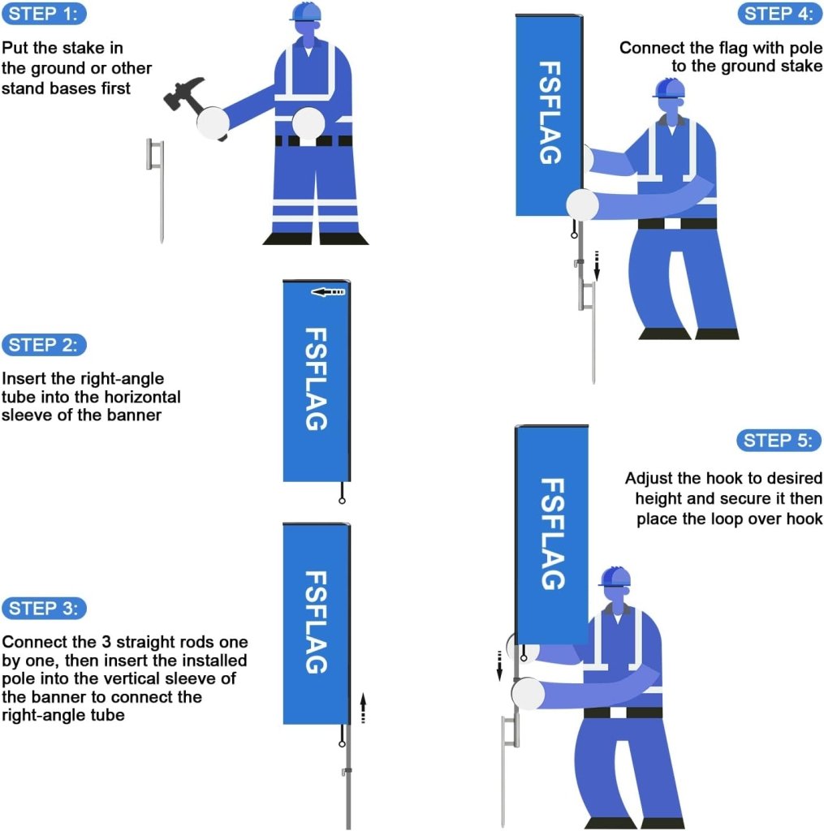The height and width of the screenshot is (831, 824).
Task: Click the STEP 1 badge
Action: click(x=45, y=14)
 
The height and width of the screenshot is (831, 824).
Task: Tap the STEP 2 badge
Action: click(x=45, y=344)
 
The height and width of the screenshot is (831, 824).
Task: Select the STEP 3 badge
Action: click(x=45, y=608)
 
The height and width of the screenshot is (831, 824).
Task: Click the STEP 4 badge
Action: click(x=779, y=14)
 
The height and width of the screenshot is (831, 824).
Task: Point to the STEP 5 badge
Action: click(x=779, y=441)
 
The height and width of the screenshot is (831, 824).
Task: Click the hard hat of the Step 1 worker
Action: click(x=307, y=11)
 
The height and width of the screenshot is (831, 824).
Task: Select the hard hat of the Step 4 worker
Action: click(x=669, y=88)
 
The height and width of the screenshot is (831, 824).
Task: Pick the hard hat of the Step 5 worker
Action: click(x=615, y=576)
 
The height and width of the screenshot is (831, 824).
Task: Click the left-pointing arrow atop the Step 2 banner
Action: click(x=329, y=291)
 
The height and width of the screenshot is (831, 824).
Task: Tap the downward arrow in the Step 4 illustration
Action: click(x=597, y=265)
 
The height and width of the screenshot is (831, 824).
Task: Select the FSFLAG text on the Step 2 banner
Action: click(x=316, y=378)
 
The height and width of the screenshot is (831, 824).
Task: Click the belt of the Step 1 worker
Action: click(x=313, y=140)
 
